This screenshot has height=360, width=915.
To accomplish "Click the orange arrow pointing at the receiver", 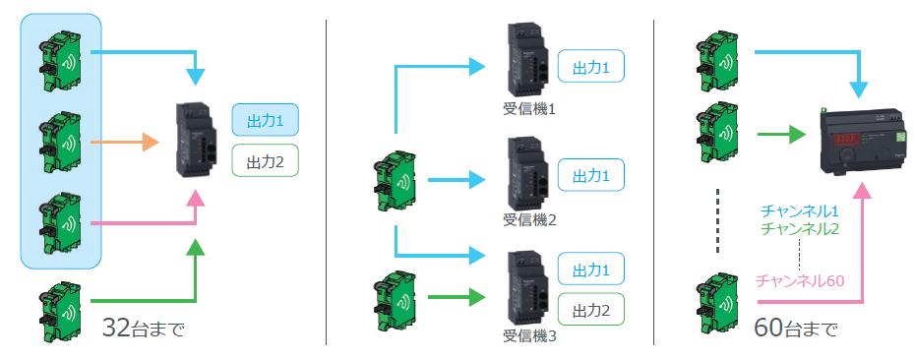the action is [x=125, y=142].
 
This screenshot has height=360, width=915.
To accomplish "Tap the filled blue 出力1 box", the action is [x=266, y=120].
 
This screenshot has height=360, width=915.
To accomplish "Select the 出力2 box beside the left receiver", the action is [x=266, y=160].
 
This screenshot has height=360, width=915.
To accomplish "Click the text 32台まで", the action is [x=143, y=328].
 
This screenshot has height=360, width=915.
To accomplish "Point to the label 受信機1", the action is [x=529, y=109].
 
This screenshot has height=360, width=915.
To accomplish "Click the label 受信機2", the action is [x=529, y=220].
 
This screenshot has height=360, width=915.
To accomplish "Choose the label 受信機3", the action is [x=529, y=336].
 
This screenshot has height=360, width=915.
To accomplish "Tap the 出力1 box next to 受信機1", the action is [x=591, y=66].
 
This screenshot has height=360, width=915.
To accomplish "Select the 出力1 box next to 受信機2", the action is [x=591, y=174].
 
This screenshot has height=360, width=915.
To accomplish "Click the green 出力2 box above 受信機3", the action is [x=591, y=309].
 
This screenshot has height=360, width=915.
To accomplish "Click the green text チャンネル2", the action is [x=800, y=229].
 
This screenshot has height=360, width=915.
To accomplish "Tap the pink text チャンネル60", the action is [x=800, y=280].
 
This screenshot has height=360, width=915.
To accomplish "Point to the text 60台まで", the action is [x=796, y=328].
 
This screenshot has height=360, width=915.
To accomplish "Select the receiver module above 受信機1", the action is [x=527, y=59].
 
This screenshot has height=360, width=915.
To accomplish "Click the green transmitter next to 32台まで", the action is [x=61, y=313].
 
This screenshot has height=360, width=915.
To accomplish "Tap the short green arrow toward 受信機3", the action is [x=457, y=298].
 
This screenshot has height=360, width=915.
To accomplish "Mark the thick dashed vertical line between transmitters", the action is [x=719, y=220].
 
